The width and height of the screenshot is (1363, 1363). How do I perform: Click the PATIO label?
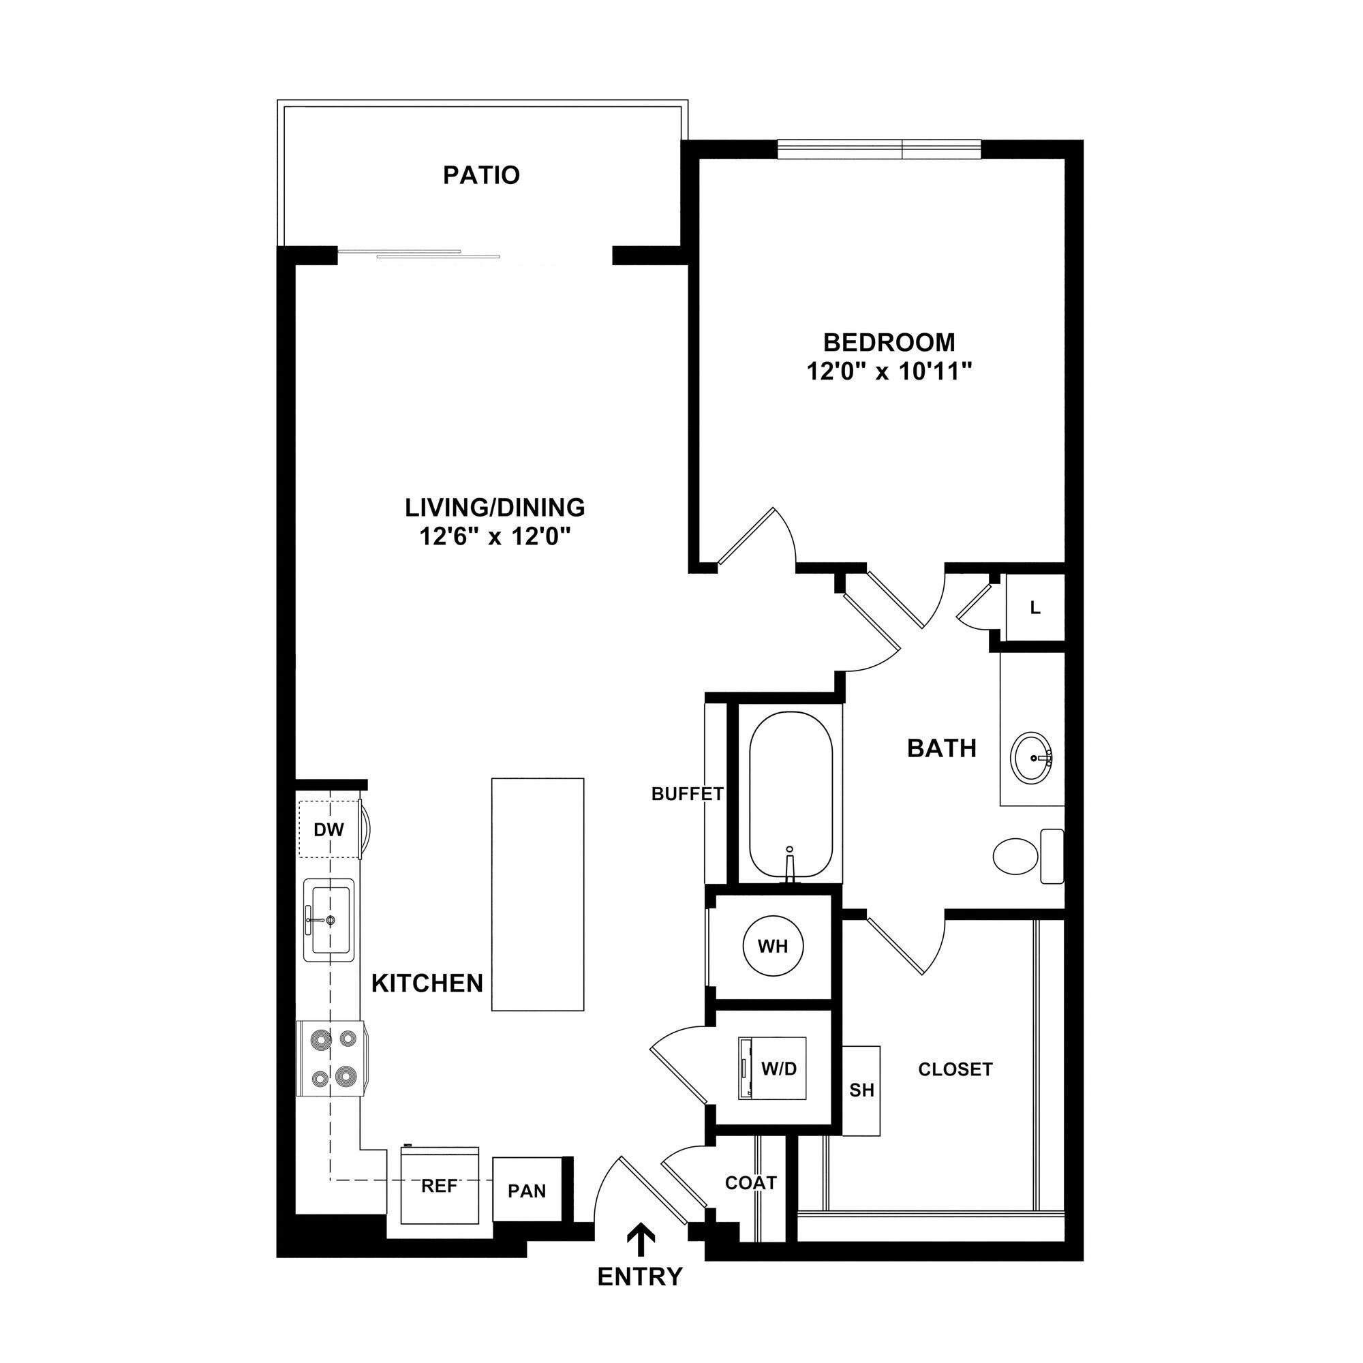[x=481, y=175]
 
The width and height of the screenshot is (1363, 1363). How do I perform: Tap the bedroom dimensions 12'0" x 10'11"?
[x=889, y=372]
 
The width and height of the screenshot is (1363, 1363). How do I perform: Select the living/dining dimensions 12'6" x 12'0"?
[x=495, y=538]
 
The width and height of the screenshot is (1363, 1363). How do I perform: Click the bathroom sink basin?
[x=1032, y=758]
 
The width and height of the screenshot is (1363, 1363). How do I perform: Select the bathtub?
[x=790, y=795]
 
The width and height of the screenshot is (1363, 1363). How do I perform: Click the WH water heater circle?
[x=773, y=946]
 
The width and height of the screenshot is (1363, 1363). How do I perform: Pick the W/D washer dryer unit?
[x=772, y=1068]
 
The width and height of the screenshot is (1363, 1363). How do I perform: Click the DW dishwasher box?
[x=328, y=829]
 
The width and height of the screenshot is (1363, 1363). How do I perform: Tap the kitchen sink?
[x=328, y=920]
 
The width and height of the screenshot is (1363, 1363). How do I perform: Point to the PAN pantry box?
[x=527, y=1190]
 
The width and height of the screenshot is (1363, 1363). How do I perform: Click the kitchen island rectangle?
[x=538, y=895]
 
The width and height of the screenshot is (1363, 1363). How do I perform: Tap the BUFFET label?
[x=687, y=795]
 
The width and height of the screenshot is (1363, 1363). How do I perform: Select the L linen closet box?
[x=1035, y=607]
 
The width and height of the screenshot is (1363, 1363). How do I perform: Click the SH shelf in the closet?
[x=861, y=1090]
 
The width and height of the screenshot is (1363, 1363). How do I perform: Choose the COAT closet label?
[x=750, y=1183]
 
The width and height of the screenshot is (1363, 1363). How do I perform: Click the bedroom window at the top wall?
[x=879, y=149]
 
